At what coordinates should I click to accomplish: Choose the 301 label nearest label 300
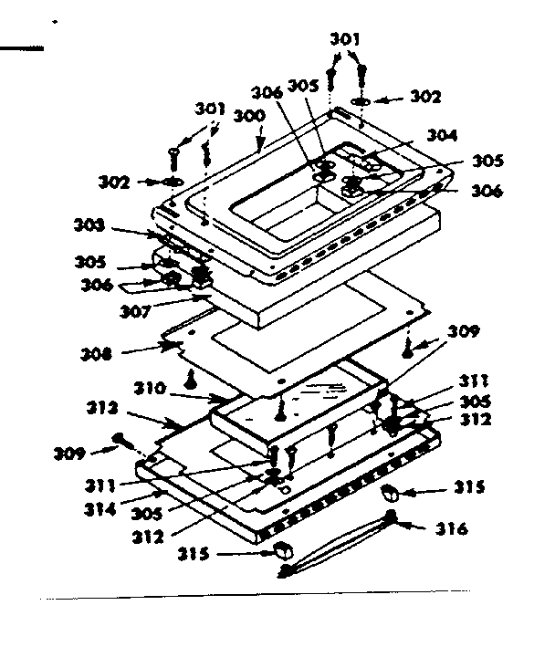click(x=210, y=110)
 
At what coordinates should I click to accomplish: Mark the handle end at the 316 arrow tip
click(x=394, y=518)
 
